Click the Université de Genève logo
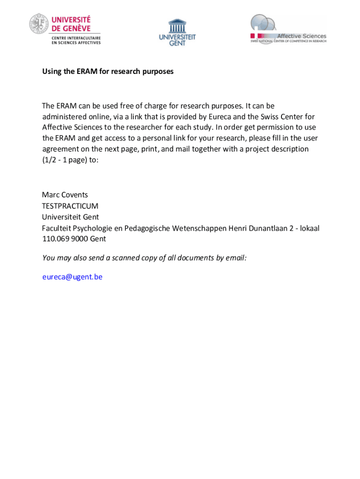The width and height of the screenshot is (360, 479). click(x=65, y=29)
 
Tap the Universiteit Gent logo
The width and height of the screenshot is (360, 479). click(x=177, y=32)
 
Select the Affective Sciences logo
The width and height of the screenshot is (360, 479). click(x=288, y=29)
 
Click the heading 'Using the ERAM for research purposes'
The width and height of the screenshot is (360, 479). click(x=108, y=72)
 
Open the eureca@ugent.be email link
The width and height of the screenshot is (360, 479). click(x=72, y=277)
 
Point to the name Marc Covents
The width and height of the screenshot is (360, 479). click(x=65, y=195)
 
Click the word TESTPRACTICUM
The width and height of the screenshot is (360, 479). click(x=70, y=206)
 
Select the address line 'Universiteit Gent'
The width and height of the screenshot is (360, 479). click(x=70, y=217)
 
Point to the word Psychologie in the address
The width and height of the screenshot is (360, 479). click(x=93, y=228)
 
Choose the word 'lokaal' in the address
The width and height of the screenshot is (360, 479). click(x=310, y=228)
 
